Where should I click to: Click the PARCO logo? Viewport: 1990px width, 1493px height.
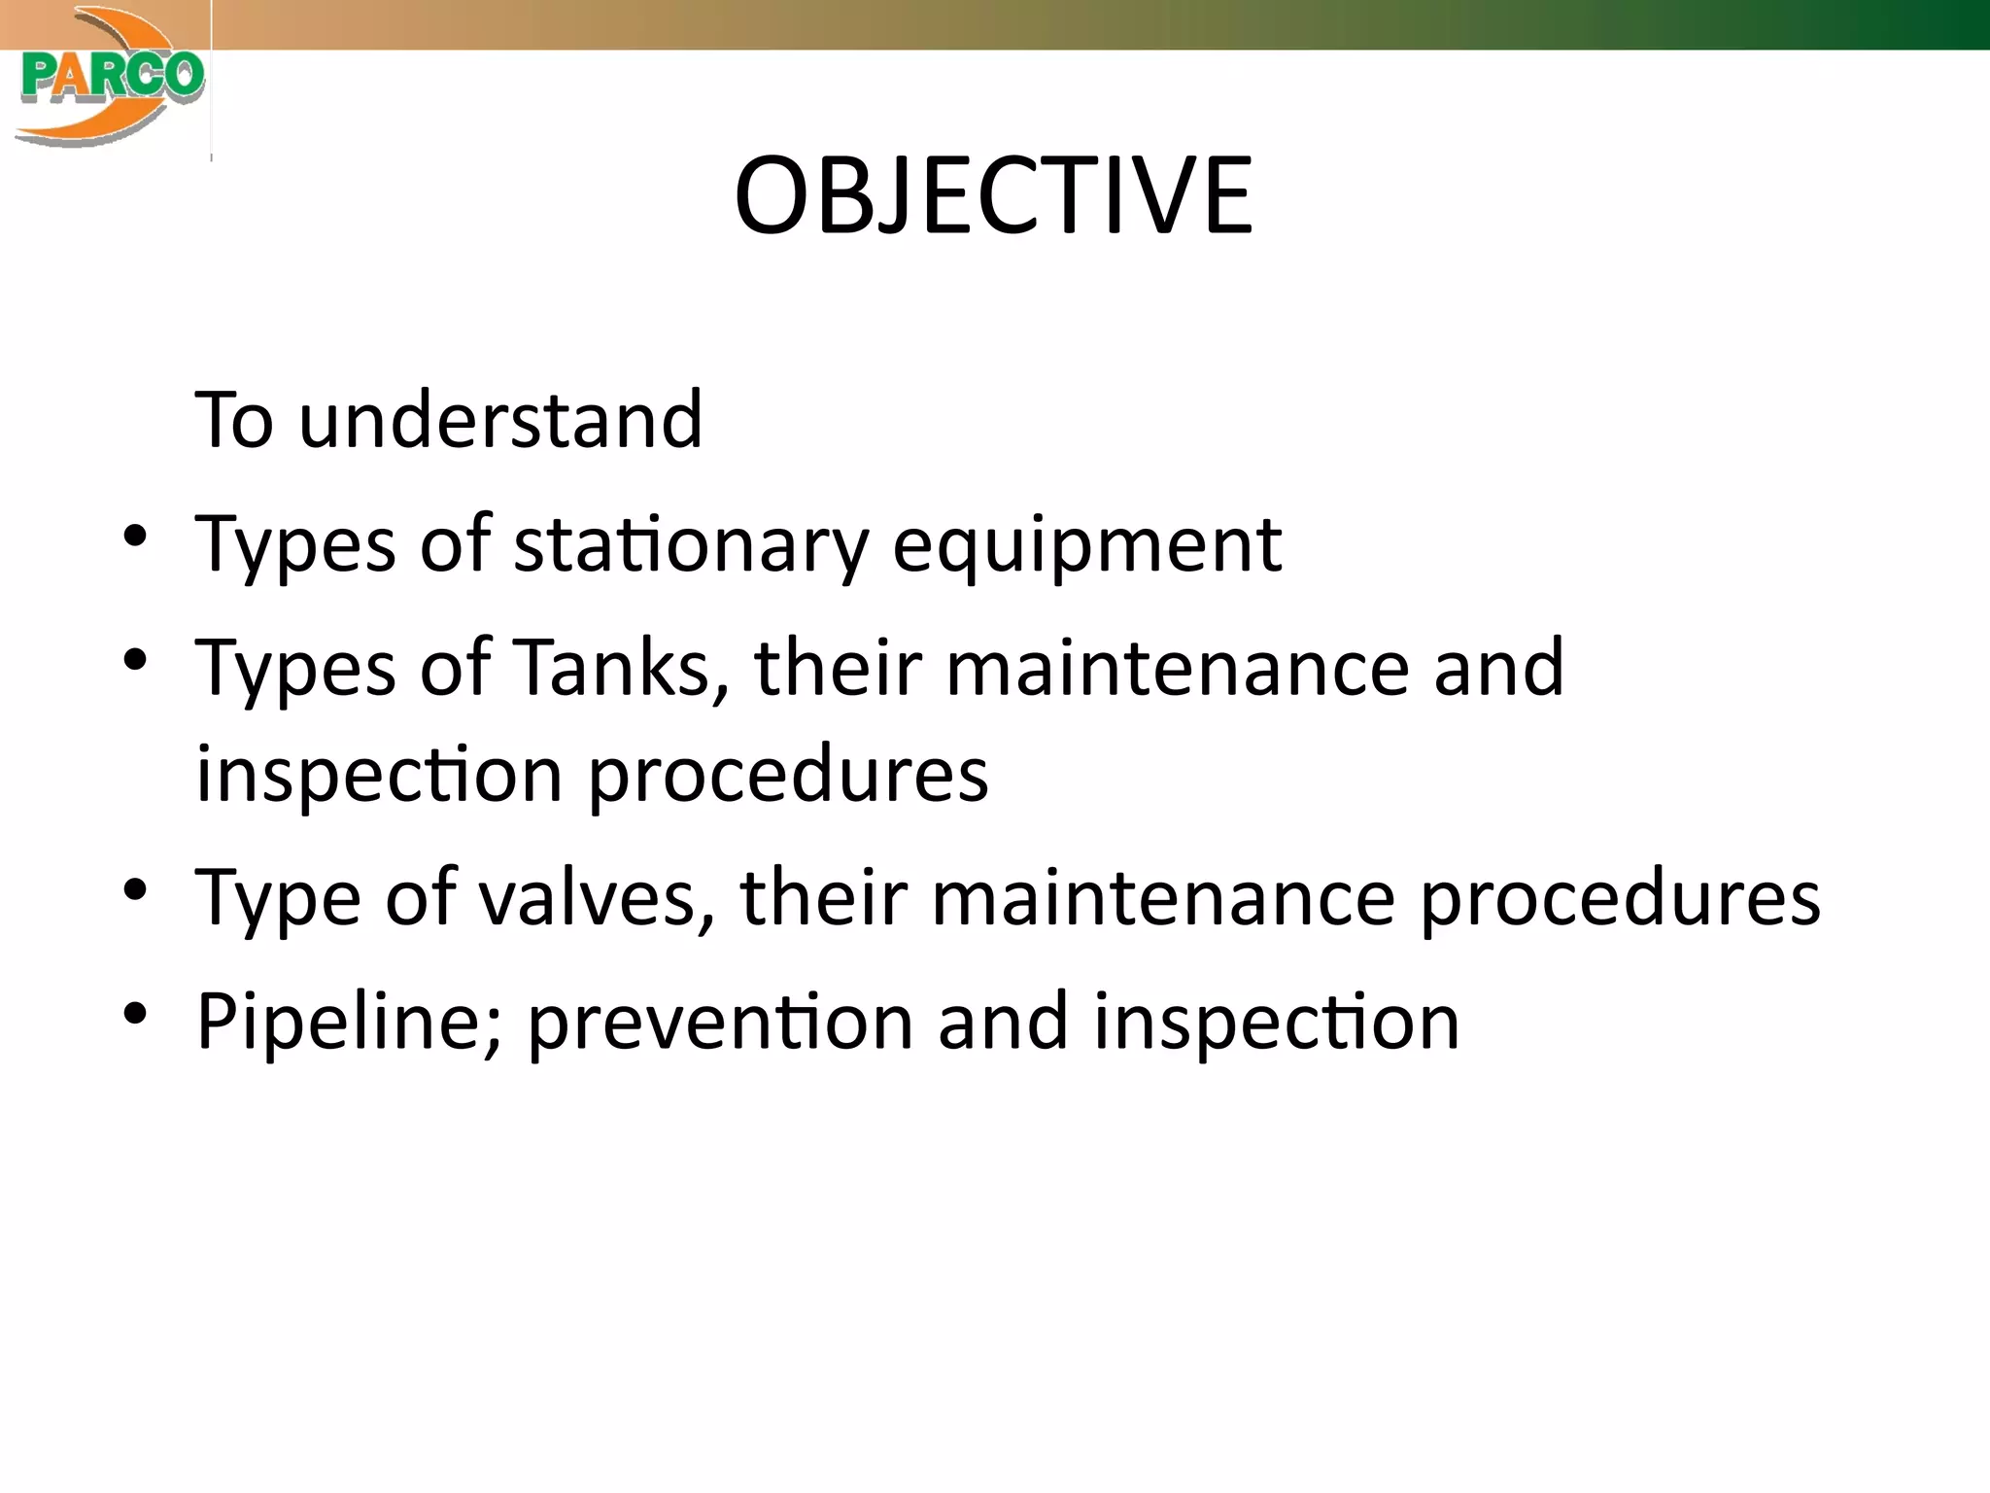tap(109, 78)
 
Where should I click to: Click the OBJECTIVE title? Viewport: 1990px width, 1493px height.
tap(993, 196)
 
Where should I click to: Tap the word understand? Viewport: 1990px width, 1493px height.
tap(500, 420)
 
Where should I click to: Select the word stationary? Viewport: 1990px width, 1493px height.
tap(691, 544)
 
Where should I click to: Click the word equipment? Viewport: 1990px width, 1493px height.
tap(1086, 544)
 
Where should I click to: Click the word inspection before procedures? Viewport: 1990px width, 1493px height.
tap(379, 775)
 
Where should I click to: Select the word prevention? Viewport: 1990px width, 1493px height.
tap(720, 1022)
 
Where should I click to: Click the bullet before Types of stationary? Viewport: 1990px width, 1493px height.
tap(135, 536)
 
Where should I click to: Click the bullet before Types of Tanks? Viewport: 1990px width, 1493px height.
tap(135, 660)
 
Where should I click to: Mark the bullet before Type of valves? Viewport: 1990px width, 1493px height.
tap(135, 889)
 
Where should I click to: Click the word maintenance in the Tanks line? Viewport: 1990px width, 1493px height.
tap(1177, 668)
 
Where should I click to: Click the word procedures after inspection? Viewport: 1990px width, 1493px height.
tap(788, 775)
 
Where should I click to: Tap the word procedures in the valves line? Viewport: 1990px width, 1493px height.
tap(1620, 897)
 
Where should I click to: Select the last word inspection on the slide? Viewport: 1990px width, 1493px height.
tap(1276, 1022)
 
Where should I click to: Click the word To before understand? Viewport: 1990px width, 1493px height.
tap(234, 420)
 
